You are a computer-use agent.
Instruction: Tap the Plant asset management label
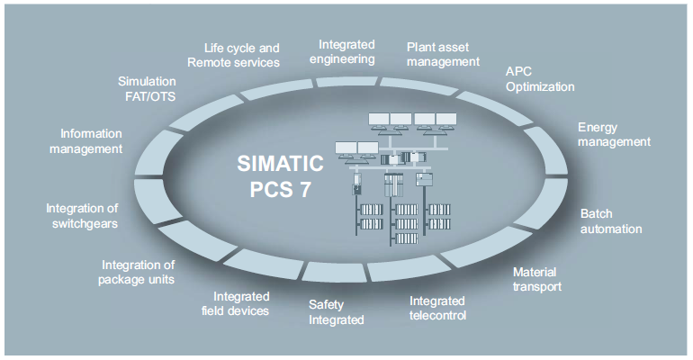click(443, 54)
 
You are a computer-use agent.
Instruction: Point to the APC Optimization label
click(538, 79)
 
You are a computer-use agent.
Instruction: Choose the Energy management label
click(613, 134)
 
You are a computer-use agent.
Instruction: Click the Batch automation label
click(610, 221)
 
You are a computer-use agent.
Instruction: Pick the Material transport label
click(537, 279)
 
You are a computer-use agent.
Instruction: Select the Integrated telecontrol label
click(437, 308)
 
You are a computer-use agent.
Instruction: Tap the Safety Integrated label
click(336, 311)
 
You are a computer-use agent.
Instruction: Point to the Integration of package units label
click(138, 272)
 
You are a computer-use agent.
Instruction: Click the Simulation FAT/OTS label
click(151, 88)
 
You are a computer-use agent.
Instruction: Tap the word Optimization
click(538, 87)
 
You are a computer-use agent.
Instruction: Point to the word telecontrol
click(437, 316)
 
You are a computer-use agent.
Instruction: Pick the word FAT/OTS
click(151, 96)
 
